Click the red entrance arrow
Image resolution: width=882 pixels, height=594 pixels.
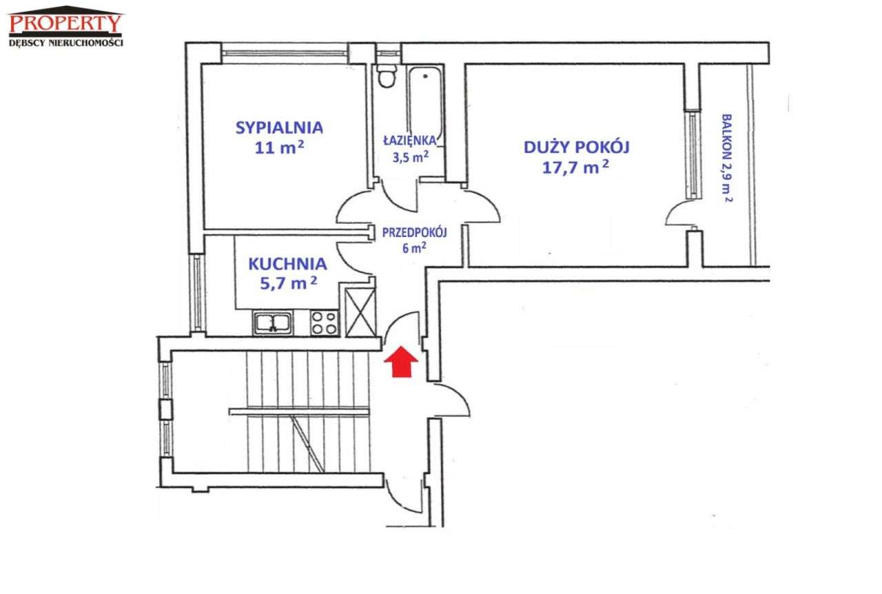401,362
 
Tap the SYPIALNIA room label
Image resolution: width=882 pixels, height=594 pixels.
279,127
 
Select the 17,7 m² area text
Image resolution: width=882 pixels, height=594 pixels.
575,167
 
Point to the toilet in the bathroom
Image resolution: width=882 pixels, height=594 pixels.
387,76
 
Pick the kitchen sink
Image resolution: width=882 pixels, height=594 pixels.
272,323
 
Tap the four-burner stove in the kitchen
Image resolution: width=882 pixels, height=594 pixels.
324,323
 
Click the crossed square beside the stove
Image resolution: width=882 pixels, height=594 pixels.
360,313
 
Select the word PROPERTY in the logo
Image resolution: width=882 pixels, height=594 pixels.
65,23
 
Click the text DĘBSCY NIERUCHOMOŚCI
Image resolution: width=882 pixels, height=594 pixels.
65,43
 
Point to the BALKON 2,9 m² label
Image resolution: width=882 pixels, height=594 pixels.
726,158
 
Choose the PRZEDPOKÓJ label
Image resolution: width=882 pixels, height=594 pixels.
415,233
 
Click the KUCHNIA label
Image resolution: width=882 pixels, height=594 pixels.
287,264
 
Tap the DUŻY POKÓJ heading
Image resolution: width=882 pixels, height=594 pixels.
577,147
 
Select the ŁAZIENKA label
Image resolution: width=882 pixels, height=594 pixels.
410,140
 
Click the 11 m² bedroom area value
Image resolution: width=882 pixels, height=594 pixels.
279,147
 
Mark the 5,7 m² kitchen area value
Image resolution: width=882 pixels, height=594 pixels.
288,283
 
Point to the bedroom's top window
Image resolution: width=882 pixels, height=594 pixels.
285,54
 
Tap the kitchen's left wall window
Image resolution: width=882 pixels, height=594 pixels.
197,294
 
